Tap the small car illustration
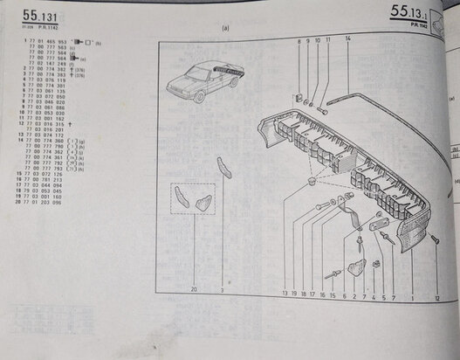pyautogui.click(x=201, y=84)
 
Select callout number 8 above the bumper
pyautogui.click(x=297, y=42)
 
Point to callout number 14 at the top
pyautogui.click(x=347, y=40)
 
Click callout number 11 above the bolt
pyautogui.click(x=327, y=41)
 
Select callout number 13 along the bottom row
pyautogui.click(x=285, y=295)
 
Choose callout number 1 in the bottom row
pyautogui.click(x=411, y=299)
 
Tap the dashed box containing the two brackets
pyautogui.click(x=193, y=201)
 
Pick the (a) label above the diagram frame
pyautogui.click(x=225, y=27)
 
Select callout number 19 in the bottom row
pyautogui.click(x=295, y=295)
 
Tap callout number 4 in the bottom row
pyautogui.click(x=373, y=297)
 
